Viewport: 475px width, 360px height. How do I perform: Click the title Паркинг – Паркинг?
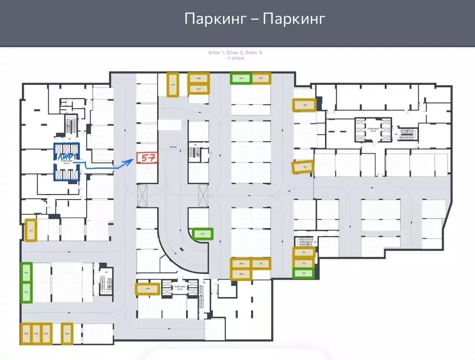255,19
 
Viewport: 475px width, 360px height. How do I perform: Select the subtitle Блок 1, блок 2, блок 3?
235,53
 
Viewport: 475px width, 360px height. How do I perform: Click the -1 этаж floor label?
235,59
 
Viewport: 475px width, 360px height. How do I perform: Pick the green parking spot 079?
203,233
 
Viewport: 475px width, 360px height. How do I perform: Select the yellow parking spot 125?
304,105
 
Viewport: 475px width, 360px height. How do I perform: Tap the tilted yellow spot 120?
302,167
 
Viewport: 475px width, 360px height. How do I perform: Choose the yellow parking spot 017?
31,230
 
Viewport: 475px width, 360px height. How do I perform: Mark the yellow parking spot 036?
67,334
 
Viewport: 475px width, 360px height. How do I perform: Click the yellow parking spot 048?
147,289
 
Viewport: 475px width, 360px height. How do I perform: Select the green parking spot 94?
303,273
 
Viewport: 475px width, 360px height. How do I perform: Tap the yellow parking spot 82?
261,264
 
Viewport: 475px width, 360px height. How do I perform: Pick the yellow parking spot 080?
241,263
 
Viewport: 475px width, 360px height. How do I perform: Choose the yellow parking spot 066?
198,78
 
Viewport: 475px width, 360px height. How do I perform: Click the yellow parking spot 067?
198,88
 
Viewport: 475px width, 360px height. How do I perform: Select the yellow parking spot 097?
261,78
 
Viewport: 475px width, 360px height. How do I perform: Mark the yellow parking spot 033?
36,334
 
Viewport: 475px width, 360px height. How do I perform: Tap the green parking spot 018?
26,272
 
